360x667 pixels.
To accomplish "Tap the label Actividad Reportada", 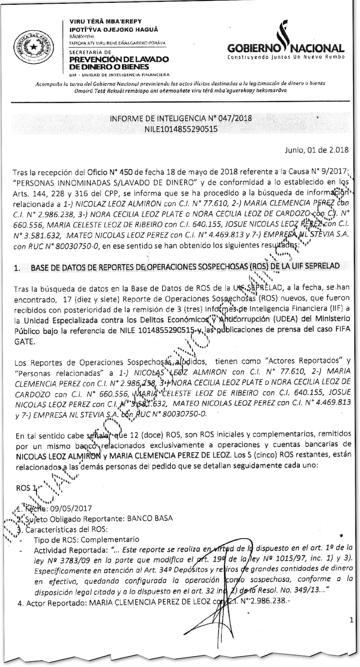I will click(64, 550).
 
